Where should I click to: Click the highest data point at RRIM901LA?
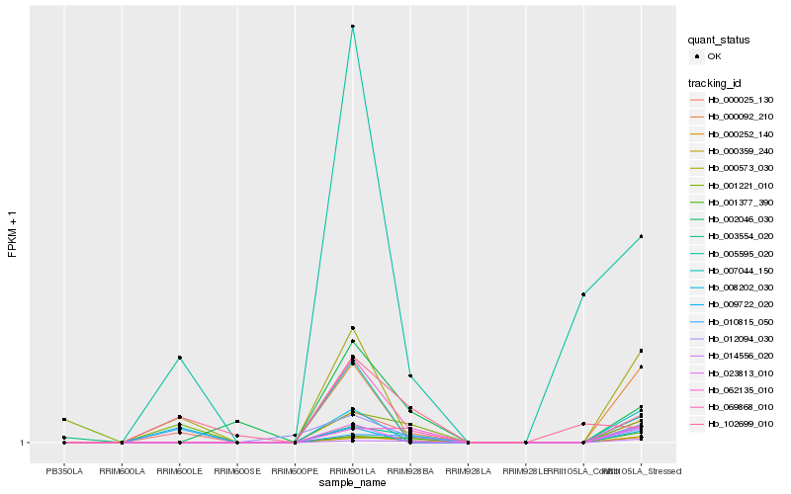tap(353, 26)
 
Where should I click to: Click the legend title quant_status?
tap(719, 40)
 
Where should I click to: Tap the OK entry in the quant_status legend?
tap(714, 56)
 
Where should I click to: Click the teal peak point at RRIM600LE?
tap(180, 358)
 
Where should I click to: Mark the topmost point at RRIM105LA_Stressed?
tap(642, 236)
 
